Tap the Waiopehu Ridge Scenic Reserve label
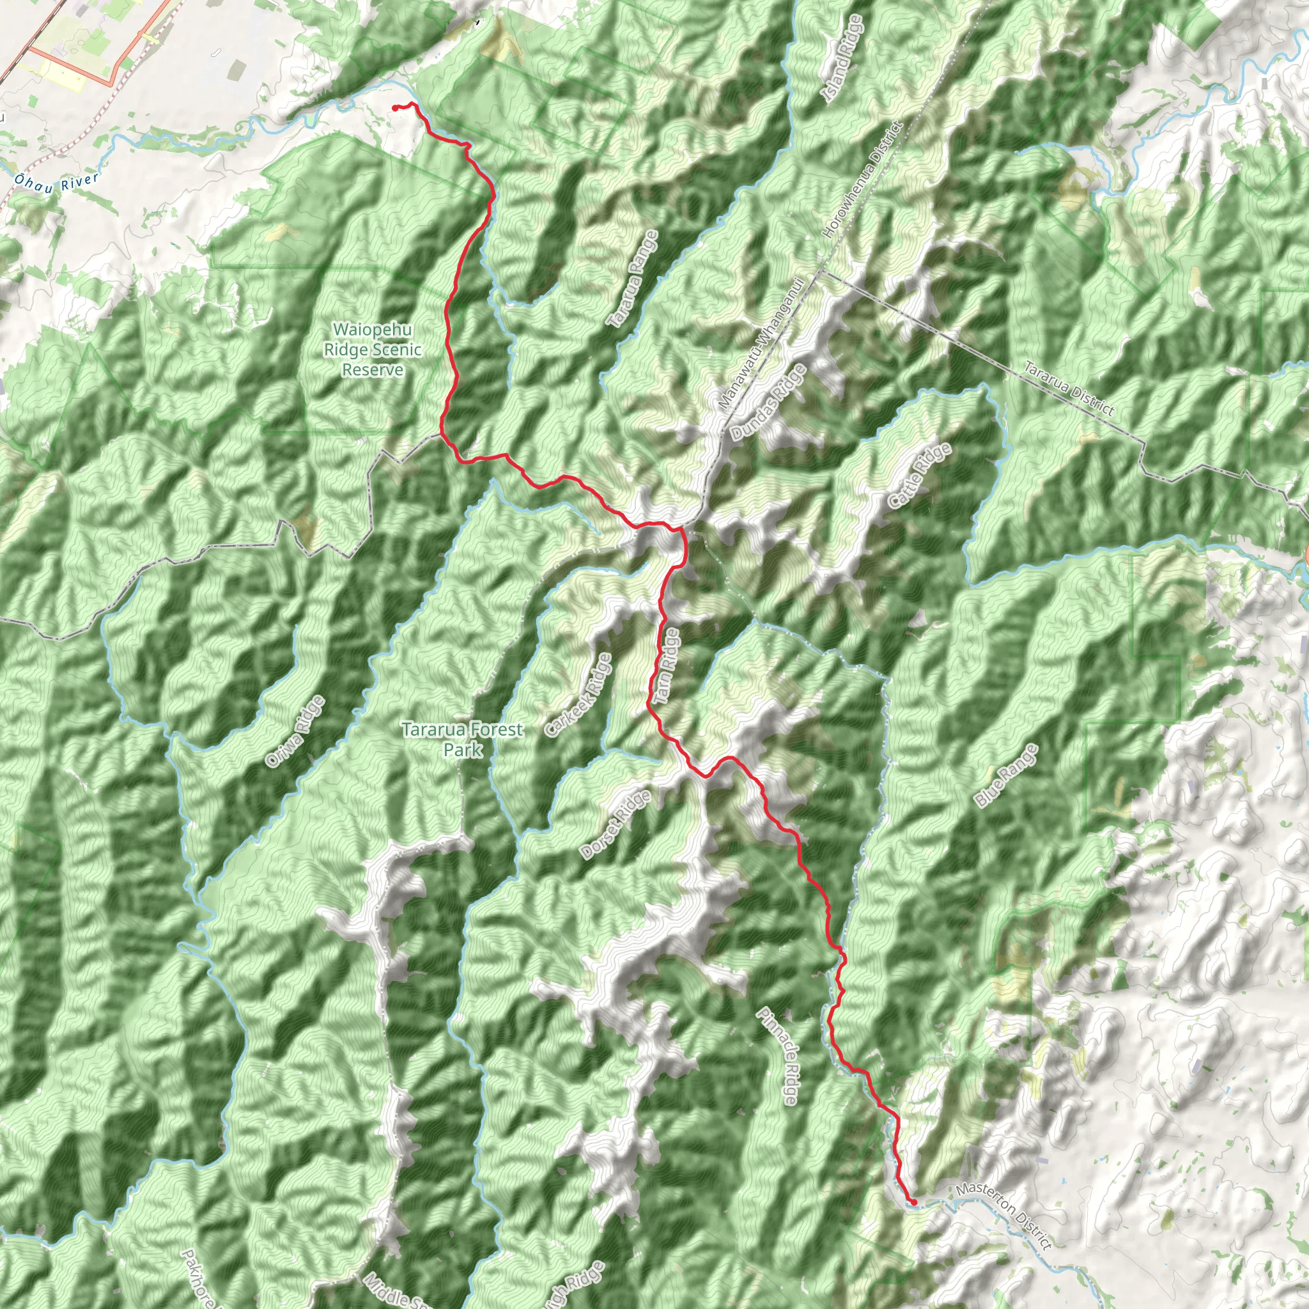372,350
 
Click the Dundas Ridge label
769,403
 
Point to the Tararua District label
1069,388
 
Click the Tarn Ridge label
665,665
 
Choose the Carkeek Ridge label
578,695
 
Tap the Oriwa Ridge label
295,732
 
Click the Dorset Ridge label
616,825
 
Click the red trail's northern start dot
395,108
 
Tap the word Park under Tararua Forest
463,749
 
